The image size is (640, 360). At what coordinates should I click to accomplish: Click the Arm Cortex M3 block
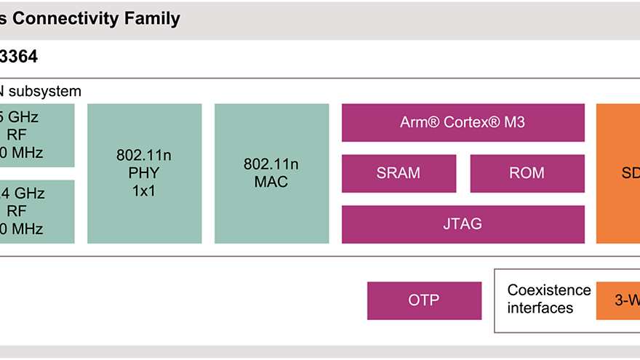click(x=463, y=122)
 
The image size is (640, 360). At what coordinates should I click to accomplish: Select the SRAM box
click(x=399, y=173)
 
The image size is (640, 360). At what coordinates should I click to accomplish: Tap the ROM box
click(x=527, y=173)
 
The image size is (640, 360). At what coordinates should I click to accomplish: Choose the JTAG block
click(x=463, y=224)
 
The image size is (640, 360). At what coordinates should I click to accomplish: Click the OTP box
click(x=424, y=300)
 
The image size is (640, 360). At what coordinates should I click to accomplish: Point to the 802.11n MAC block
click(x=271, y=173)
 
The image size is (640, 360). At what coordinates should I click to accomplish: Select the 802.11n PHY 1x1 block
click(x=144, y=173)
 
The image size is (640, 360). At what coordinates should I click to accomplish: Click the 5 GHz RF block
click(x=36, y=135)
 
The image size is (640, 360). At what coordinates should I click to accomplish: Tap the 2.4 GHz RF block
click(x=36, y=211)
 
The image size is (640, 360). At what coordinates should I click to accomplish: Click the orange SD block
click(x=618, y=173)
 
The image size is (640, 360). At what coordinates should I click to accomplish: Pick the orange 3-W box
click(x=618, y=300)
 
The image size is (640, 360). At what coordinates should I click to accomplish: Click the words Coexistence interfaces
click(x=540, y=299)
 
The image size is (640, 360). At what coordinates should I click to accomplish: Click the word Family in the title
click(x=153, y=19)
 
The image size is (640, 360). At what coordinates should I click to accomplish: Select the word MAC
click(x=271, y=182)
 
